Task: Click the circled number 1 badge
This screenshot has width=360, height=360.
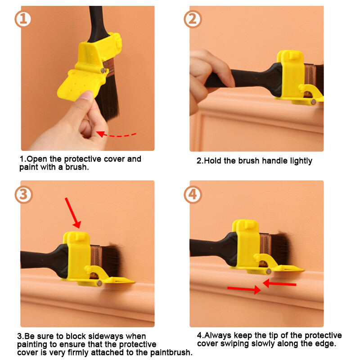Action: coord(23,19)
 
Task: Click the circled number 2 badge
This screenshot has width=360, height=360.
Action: coord(193,19)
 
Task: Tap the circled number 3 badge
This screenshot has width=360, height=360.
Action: coord(23,195)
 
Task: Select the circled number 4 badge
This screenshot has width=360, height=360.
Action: coord(193,195)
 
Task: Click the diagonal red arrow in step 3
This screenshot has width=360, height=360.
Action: coord(73,213)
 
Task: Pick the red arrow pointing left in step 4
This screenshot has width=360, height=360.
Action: coord(279,284)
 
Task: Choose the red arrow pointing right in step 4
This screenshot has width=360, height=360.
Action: coord(244,289)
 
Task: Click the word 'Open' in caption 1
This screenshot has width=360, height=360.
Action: coord(37,159)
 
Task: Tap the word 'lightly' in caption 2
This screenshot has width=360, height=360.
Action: coord(301,161)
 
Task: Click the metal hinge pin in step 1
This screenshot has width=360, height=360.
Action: coord(103,71)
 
